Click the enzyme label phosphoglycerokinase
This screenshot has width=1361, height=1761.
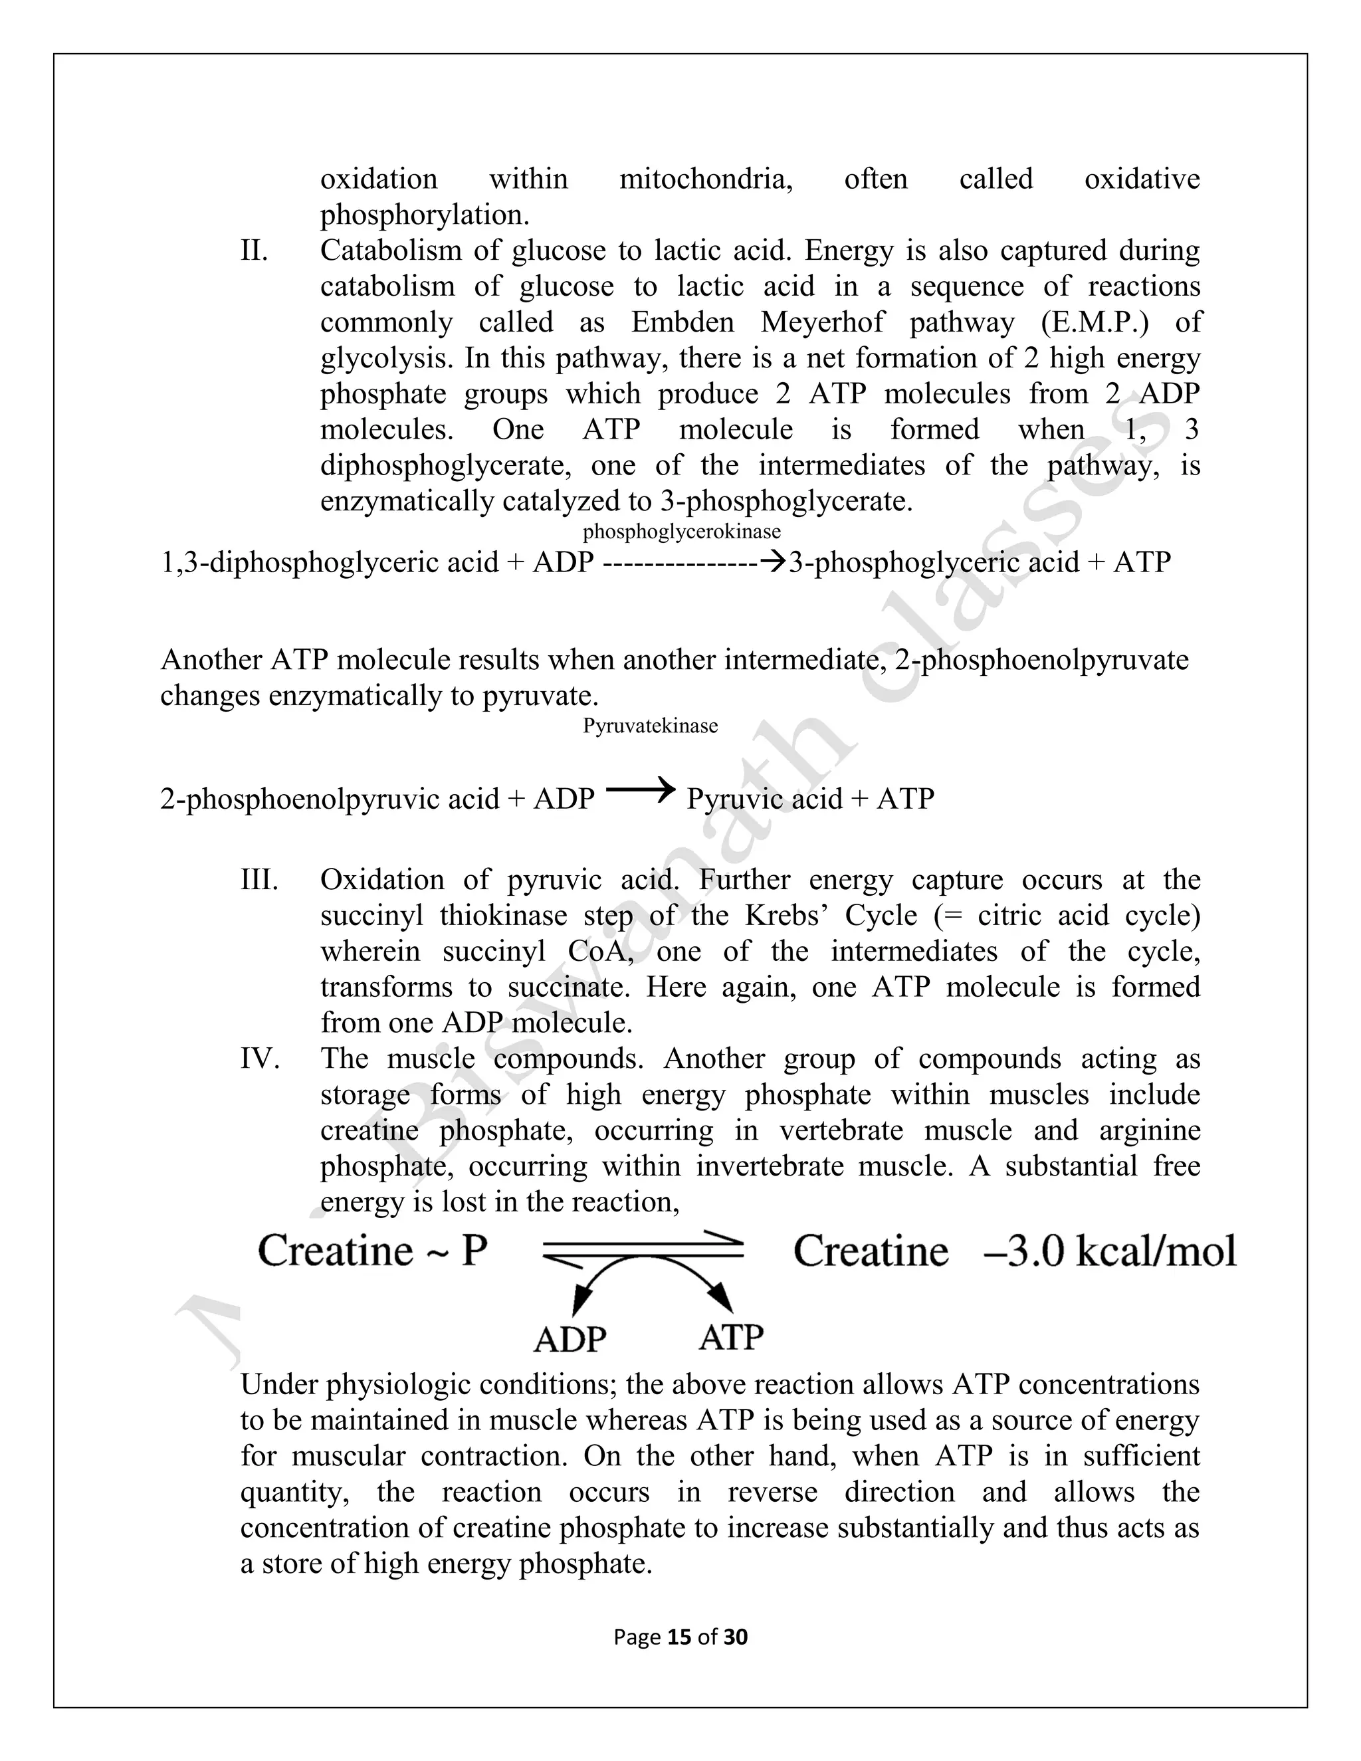pos(681,532)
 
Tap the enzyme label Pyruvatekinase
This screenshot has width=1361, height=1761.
pos(650,726)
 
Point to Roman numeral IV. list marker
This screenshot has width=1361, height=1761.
pos(260,1059)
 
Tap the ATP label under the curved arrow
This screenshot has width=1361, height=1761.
pos(730,1338)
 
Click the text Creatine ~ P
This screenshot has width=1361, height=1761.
pos(373,1251)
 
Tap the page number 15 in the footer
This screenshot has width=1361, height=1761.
pos(680,1637)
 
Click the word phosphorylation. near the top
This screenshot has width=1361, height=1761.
pos(425,215)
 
